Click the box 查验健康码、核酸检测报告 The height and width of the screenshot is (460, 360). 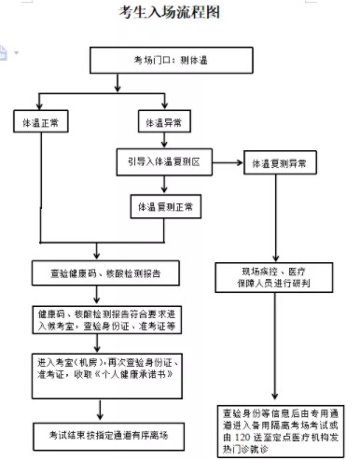tap(104, 273)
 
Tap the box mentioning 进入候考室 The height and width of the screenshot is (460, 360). tap(104, 318)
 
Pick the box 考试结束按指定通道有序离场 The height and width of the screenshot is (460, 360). tap(104, 434)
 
